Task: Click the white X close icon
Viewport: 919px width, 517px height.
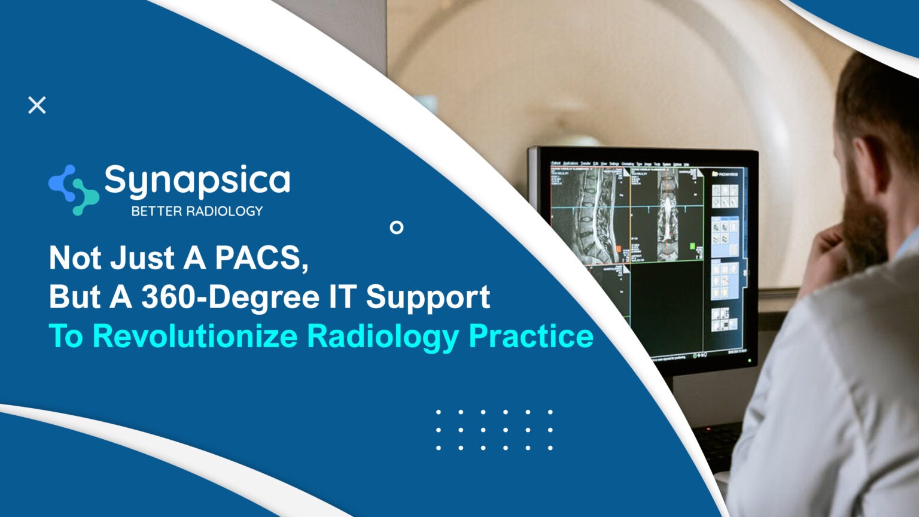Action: pos(37,105)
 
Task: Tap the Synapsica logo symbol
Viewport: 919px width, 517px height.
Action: pos(73,190)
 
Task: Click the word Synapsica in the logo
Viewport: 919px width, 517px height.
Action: pos(197,180)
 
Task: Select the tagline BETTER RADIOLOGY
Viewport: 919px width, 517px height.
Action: pos(197,211)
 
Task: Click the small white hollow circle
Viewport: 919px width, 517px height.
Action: pos(396,227)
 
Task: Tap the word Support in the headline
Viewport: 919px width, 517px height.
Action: pos(428,297)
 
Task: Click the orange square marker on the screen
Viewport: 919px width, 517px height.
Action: pos(619,248)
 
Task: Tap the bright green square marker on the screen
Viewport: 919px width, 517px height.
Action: pos(693,245)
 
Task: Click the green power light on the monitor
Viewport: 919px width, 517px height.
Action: pos(750,361)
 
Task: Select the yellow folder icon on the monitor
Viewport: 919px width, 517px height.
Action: pos(715,174)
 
